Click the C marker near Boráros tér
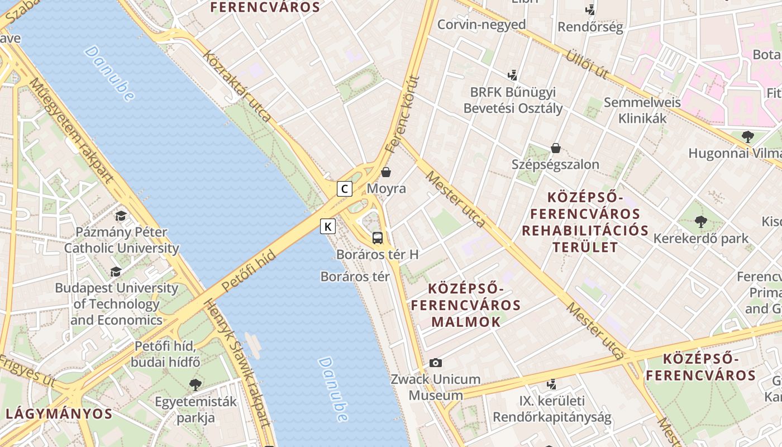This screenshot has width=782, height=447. pyautogui.click(x=345, y=189)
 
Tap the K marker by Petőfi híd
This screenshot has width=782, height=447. pyautogui.click(x=328, y=226)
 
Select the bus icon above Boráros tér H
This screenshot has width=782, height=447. pyautogui.click(x=378, y=238)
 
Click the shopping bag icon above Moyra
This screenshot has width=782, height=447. pyautogui.click(x=386, y=172)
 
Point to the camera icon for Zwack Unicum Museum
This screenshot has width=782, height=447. pyautogui.click(x=436, y=363)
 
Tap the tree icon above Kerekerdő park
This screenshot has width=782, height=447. pyautogui.click(x=700, y=222)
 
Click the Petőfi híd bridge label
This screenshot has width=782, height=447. pyautogui.click(x=249, y=271)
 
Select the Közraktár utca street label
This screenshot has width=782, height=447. pyautogui.click(x=237, y=86)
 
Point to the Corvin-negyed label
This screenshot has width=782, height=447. pyautogui.click(x=481, y=25)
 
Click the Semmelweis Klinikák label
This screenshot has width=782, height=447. pyautogui.click(x=642, y=110)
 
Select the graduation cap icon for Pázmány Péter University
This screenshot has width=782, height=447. pyautogui.click(x=121, y=216)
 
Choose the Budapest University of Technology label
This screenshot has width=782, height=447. pyautogui.click(x=116, y=304)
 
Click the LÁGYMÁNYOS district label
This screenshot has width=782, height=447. pyautogui.click(x=59, y=414)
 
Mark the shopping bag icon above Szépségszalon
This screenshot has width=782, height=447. pyautogui.click(x=556, y=148)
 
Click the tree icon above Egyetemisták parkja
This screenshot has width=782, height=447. pyautogui.click(x=195, y=384)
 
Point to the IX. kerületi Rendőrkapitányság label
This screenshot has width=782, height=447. pyautogui.click(x=552, y=409)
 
